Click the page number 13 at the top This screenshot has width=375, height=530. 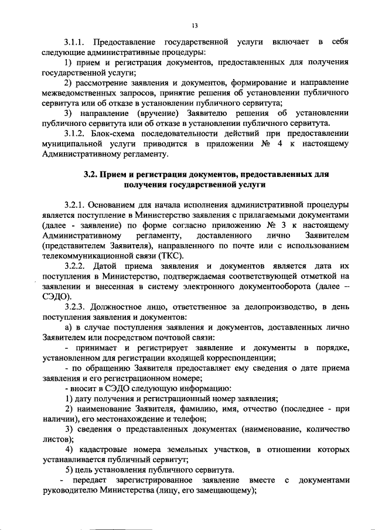194,26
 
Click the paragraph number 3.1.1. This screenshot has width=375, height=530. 76,43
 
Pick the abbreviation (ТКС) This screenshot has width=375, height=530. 172,257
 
